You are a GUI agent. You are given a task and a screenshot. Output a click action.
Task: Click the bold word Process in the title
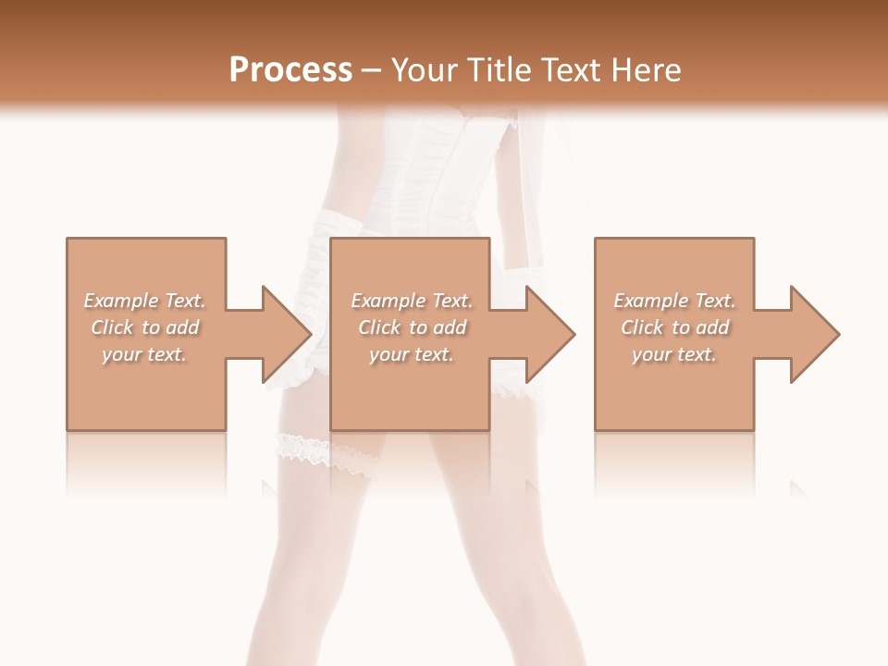pyautogui.click(x=290, y=70)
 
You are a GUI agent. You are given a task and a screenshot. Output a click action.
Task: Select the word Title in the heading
pyautogui.click(x=500, y=70)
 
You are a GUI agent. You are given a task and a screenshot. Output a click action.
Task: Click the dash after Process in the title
pyautogui.click(x=372, y=70)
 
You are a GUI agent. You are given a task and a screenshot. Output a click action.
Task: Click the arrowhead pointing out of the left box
pyautogui.click(x=287, y=334)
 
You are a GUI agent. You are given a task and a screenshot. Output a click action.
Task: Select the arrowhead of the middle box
pyautogui.click(x=550, y=334)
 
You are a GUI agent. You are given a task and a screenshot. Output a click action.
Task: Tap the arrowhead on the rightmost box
pyautogui.click(x=814, y=334)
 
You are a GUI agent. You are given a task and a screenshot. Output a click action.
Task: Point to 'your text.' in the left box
pyautogui.click(x=144, y=354)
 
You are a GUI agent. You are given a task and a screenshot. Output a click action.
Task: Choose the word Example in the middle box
pyautogui.click(x=388, y=301)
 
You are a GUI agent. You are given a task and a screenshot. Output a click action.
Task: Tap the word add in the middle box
pyautogui.click(x=450, y=327)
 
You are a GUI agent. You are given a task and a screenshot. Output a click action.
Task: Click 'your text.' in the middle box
pyautogui.click(x=412, y=354)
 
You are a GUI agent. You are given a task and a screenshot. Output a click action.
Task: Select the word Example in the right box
pyautogui.click(x=650, y=301)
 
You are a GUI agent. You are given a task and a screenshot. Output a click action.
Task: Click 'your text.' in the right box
pyautogui.click(x=674, y=354)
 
